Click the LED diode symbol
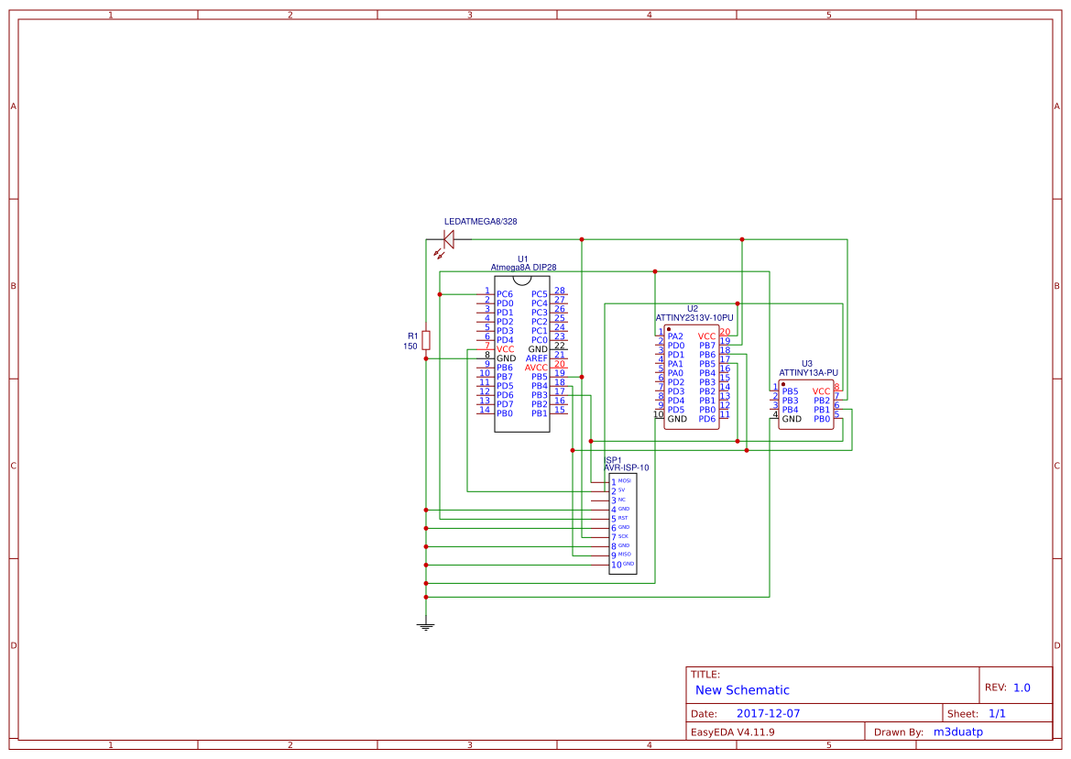(449, 240)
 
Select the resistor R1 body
(426, 340)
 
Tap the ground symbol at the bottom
(426, 626)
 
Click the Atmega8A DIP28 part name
(523, 268)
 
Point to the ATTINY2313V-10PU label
(694, 317)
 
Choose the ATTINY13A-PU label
(808, 373)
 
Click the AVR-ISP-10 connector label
(626, 467)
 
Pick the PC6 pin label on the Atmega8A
(505, 294)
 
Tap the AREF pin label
(536, 358)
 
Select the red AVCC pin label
(536, 368)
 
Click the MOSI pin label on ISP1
(624, 480)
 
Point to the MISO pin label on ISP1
(624, 554)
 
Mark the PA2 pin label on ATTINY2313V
(675, 336)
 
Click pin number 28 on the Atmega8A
(559, 291)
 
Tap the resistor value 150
(410, 346)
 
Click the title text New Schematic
(742, 690)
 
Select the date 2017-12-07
(768, 713)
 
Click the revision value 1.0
(1022, 687)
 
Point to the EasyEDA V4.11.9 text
(732, 731)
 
